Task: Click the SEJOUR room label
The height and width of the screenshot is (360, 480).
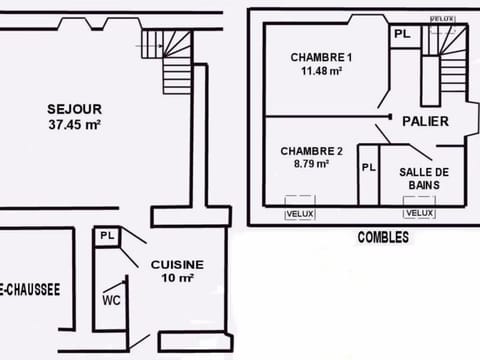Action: pos(74,109)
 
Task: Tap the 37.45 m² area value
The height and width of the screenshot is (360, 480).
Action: pos(75,125)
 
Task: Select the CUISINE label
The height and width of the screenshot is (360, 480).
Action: pos(178,264)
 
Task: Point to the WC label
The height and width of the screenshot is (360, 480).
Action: pos(111,299)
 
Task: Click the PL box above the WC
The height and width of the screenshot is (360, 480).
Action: pos(107,237)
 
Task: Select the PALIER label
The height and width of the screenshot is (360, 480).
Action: pos(425,122)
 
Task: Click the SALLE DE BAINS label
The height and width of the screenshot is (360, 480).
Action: pos(424,178)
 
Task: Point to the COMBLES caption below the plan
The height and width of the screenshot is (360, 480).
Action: pos(383,238)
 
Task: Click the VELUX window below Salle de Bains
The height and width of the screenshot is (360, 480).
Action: pos(419,213)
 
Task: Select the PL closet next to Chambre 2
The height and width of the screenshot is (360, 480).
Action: pos(368,167)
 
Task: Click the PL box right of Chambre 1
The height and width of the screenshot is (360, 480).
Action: pos(401,34)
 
